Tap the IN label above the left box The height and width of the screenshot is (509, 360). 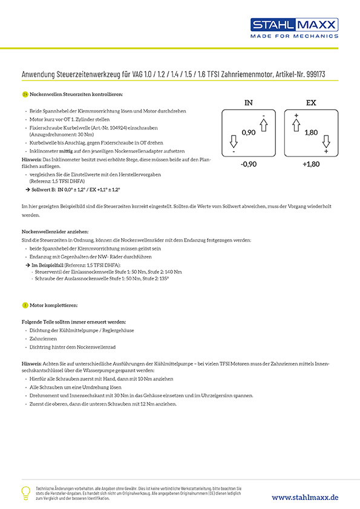point(248,103)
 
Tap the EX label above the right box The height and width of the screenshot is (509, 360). point(310,103)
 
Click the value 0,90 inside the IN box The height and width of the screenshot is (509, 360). point(248,132)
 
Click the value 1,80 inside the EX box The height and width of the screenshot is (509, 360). point(311,132)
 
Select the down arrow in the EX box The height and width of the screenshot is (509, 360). point(326,142)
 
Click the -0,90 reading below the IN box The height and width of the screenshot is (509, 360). point(248,164)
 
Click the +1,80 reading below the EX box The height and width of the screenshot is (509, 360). point(311,164)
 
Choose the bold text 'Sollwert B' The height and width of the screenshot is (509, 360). point(44,189)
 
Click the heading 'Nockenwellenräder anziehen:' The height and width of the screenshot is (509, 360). point(55,232)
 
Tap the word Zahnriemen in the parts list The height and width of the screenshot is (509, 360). point(43,340)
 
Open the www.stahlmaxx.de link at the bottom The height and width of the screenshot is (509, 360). point(305,497)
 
